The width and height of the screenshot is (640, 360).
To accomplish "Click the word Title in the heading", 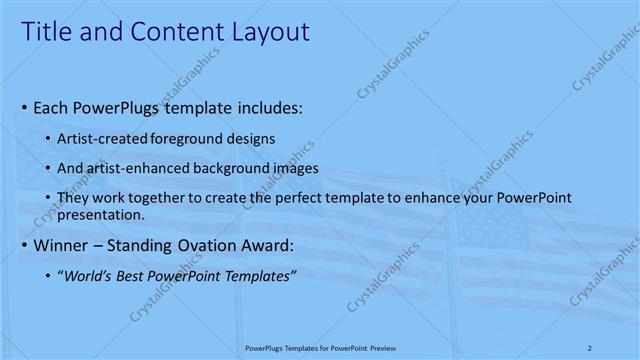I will [46, 33].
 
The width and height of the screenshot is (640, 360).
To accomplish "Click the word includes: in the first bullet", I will [269, 106].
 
